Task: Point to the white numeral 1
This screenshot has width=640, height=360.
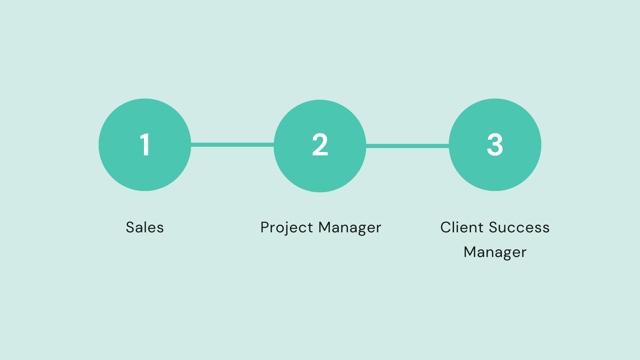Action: click(145, 145)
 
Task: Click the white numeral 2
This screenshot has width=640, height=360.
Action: click(320, 145)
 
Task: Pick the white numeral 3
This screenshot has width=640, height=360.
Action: click(495, 145)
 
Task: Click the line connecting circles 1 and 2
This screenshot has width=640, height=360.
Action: click(232, 145)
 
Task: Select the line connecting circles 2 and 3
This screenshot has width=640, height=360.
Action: click(407, 146)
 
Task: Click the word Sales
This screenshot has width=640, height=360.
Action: click(145, 228)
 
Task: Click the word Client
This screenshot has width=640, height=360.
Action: click(462, 228)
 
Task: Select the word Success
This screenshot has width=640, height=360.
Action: click(519, 228)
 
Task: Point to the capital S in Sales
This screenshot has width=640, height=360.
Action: click(130, 228)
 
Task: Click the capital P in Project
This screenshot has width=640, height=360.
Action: click(265, 228)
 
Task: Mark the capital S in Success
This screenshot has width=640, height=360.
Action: click(494, 228)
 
